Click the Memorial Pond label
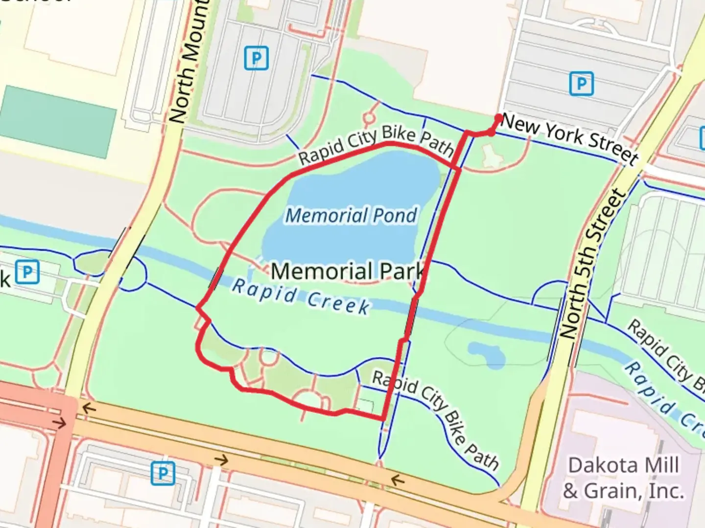351,215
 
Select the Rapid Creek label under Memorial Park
301,297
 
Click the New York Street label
570,138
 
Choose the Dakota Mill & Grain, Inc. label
623,478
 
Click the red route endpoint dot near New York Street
498,118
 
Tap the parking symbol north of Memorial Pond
257,58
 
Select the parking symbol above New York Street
582,84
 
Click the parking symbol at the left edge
27,272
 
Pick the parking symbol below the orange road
163,473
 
